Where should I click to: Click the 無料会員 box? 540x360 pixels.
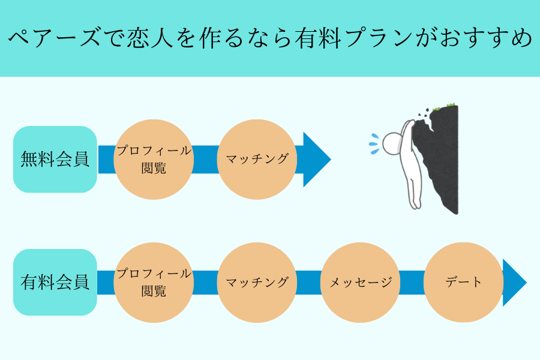pyautogui.click(x=55, y=159)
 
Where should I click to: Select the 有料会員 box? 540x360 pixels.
pyautogui.click(x=55, y=282)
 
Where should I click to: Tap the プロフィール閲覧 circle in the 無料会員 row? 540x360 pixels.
pyautogui.click(x=154, y=159)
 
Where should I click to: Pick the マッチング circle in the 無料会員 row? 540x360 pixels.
pyautogui.click(x=257, y=159)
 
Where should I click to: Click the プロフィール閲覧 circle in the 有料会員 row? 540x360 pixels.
pyautogui.click(x=154, y=283)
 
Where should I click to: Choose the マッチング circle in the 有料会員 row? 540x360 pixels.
pyautogui.click(x=257, y=283)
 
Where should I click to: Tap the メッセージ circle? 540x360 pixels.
pyautogui.click(x=360, y=283)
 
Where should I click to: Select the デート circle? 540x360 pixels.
pyautogui.click(x=464, y=283)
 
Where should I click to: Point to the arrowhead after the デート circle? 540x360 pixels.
pyautogui.click(x=514, y=283)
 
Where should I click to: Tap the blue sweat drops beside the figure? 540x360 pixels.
pyautogui.click(x=374, y=143)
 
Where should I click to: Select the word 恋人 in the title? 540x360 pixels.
pyautogui.click(x=150, y=38)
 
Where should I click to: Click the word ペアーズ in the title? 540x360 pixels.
pyautogui.click(x=54, y=38)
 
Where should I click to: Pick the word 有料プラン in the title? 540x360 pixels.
pyautogui.click(x=353, y=38)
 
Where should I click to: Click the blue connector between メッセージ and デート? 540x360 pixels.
pyautogui.click(x=412, y=283)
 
